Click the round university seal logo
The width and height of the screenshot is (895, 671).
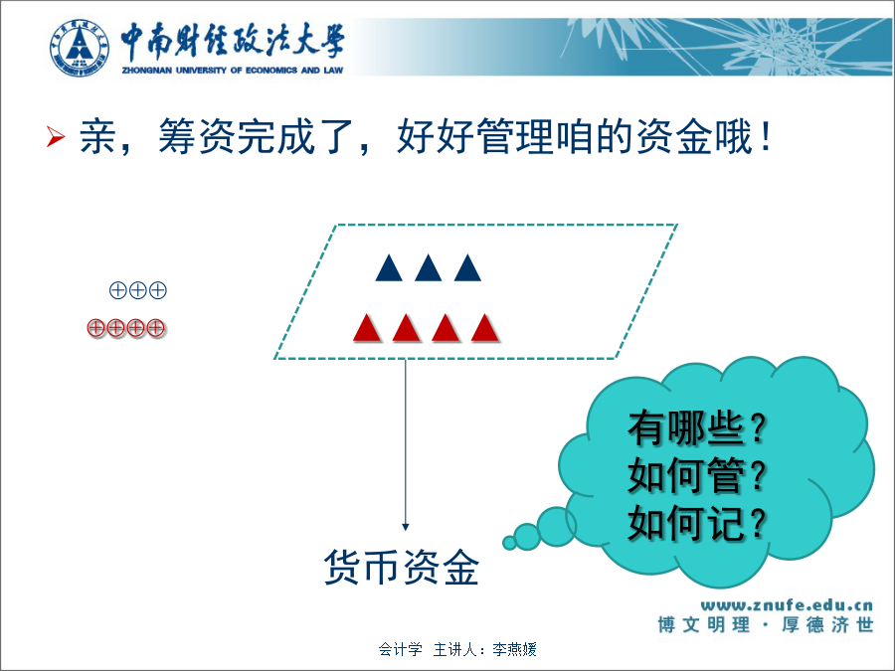tap(80, 48)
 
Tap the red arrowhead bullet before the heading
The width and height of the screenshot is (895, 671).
tap(56, 137)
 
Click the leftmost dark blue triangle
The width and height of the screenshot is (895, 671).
tap(389, 267)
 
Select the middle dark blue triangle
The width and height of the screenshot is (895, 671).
tap(428, 267)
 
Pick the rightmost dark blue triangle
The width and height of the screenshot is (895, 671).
tap(467, 267)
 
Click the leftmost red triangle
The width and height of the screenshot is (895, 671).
tap(367, 328)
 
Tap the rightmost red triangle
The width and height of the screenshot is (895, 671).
tap(485, 328)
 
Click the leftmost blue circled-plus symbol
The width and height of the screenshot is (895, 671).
tap(117, 290)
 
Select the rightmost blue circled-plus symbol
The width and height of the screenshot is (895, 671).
tap(157, 290)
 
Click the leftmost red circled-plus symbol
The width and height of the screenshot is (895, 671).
tap(95, 328)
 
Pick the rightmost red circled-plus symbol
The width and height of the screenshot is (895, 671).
tap(155, 328)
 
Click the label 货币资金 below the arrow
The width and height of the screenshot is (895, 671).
tap(402, 568)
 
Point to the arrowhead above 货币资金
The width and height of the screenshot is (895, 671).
tap(406, 527)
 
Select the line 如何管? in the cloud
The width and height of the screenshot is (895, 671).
tap(696, 475)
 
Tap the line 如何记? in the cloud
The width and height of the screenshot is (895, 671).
tap(696, 523)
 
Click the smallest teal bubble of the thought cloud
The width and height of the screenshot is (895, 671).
tap(509, 543)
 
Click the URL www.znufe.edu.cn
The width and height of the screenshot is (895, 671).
tap(787, 604)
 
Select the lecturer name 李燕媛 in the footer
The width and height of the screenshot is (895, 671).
tap(514, 649)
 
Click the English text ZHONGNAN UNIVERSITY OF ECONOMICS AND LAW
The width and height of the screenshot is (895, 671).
tap(233, 71)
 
